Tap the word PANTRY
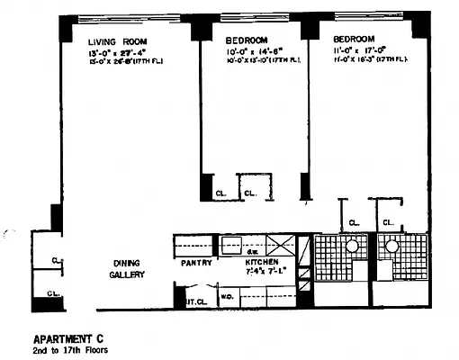pos(196,263)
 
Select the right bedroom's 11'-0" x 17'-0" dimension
pos(359,51)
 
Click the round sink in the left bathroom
pos(352,245)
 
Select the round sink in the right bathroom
pos(392,245)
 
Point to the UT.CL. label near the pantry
pos(197,302)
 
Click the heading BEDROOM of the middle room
pos(246,40)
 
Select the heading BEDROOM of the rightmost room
pos(355,40)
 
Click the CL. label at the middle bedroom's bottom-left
pos(220,193)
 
